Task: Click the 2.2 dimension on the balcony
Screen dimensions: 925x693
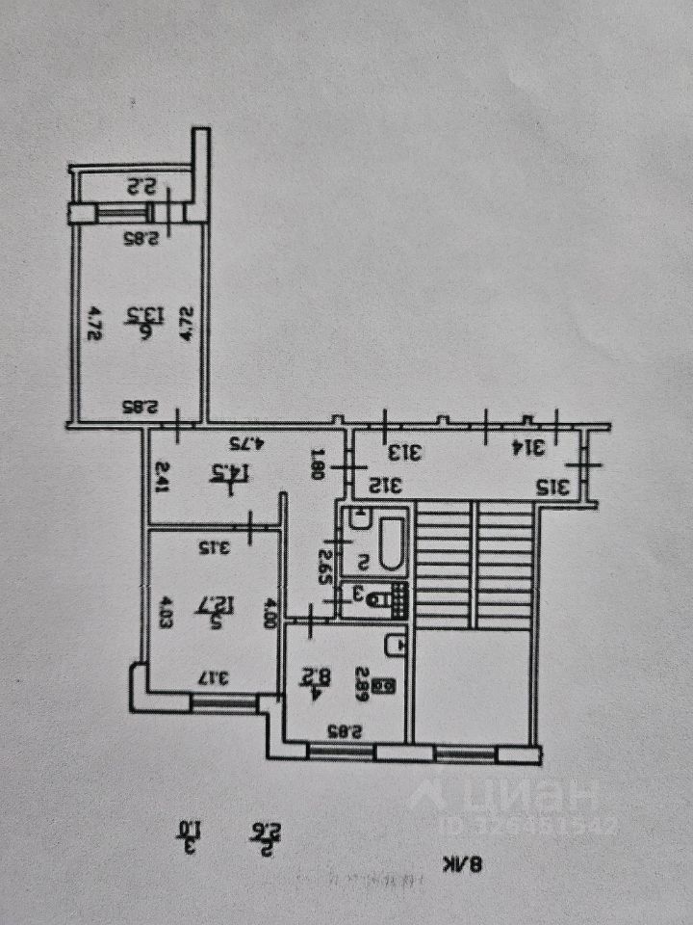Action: point(143,187)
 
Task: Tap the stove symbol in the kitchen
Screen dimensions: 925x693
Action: point(386,686)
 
